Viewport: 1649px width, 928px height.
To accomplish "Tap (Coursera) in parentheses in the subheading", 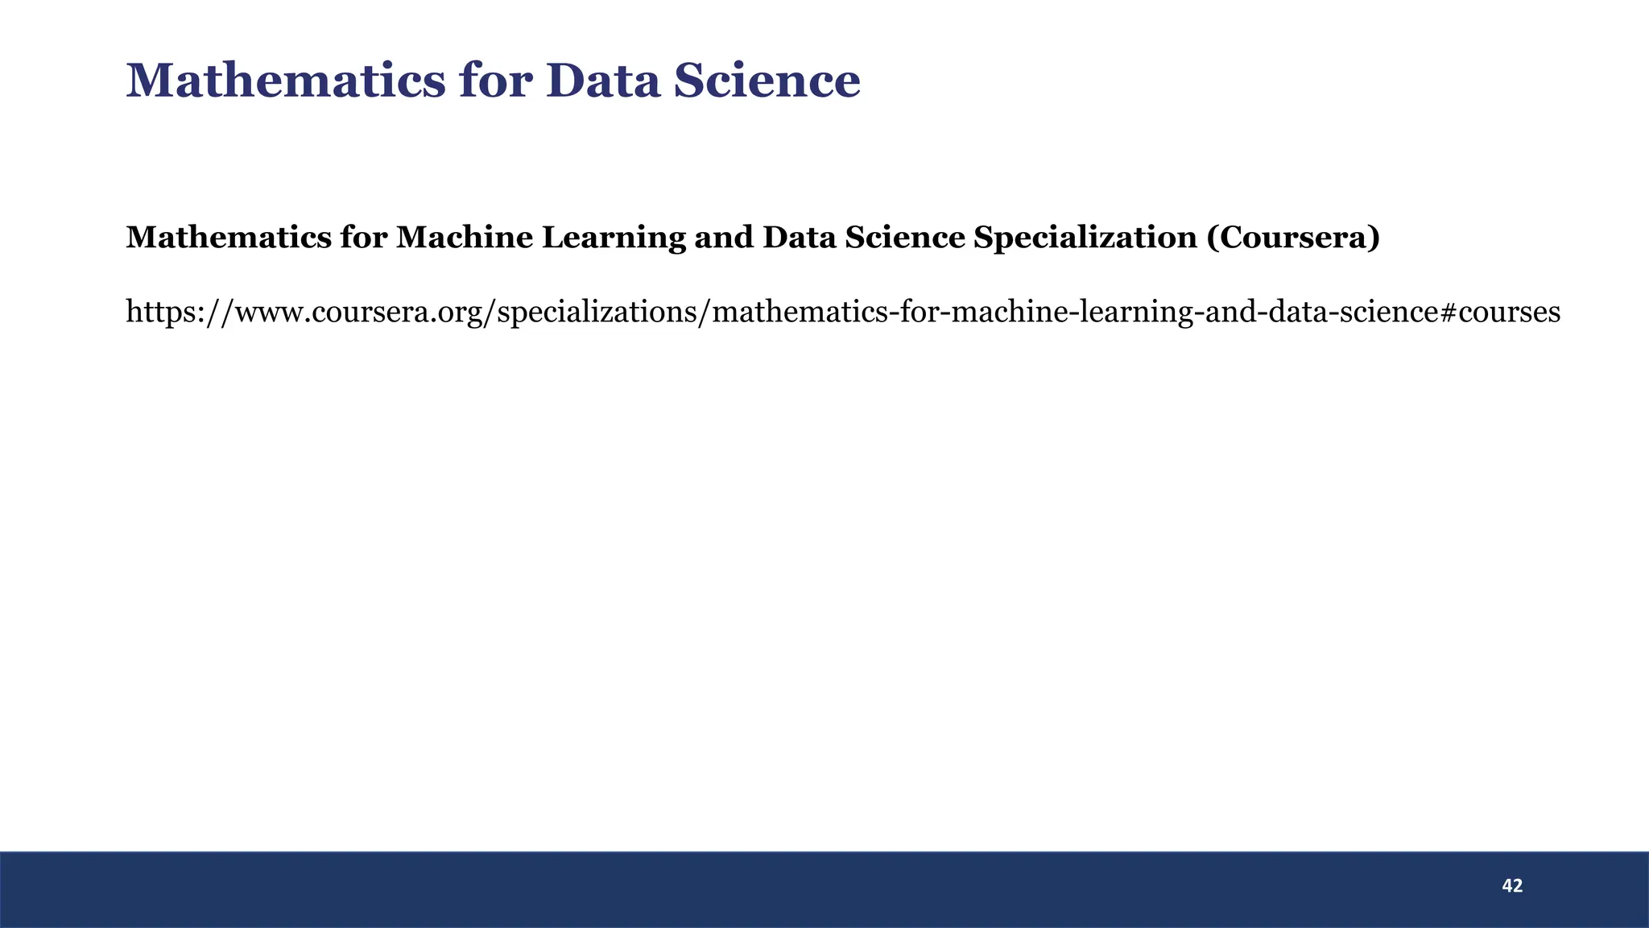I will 1293,237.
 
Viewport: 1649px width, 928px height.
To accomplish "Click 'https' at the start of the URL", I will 158,311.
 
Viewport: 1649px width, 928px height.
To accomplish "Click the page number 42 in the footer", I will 1512,886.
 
